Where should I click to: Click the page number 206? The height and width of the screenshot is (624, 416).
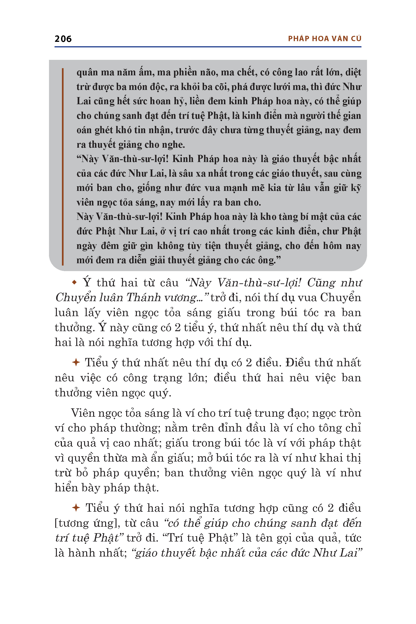point(63,39)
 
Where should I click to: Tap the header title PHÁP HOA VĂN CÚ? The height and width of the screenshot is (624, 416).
point(324,39)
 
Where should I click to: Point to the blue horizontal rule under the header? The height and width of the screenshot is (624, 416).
point(208,47)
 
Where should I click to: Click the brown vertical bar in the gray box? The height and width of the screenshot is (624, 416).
point(63,167)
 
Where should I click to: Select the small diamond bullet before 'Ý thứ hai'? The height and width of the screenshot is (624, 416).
point(74,283)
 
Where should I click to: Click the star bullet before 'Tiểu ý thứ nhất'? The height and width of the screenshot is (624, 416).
point(76,362)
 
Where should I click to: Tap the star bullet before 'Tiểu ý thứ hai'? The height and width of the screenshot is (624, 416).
point(76,508)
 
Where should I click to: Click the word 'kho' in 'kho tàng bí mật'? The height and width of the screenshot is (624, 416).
point(267,217)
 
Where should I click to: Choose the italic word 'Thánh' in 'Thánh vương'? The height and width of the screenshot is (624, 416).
point(144,298)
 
